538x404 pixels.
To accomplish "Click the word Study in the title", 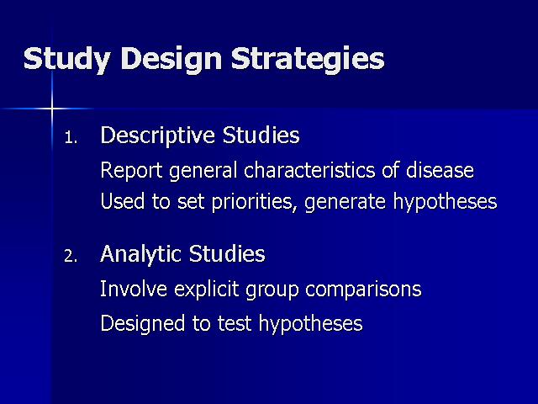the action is [x=67, y=59].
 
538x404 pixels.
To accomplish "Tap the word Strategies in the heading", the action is [x=308, y=59].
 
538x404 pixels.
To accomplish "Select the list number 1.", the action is [x=71, y=138].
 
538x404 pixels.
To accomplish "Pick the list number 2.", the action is [x=71, y=256].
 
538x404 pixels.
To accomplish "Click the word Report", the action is [x=131, y=170].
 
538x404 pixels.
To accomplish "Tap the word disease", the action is [x=440, y=170].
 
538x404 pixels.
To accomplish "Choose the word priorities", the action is [x=254, y=202].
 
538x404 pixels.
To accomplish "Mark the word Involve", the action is [x=134, y=289].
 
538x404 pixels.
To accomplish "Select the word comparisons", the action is [x=363, y=290].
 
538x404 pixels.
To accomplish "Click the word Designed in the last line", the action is [x=142, y=323].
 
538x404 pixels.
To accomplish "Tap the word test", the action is [x=235, y=324].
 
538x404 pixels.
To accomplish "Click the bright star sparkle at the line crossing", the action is [x=52, y=109].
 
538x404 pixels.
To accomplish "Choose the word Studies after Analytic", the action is [x=227, y=254].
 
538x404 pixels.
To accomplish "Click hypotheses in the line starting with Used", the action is [x=445, y=202].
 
